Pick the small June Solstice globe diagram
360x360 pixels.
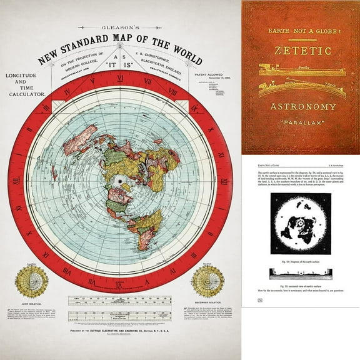click(32, 281)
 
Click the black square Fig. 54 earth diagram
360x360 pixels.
click(301, 223)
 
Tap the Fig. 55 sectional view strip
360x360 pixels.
click(301, 273)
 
